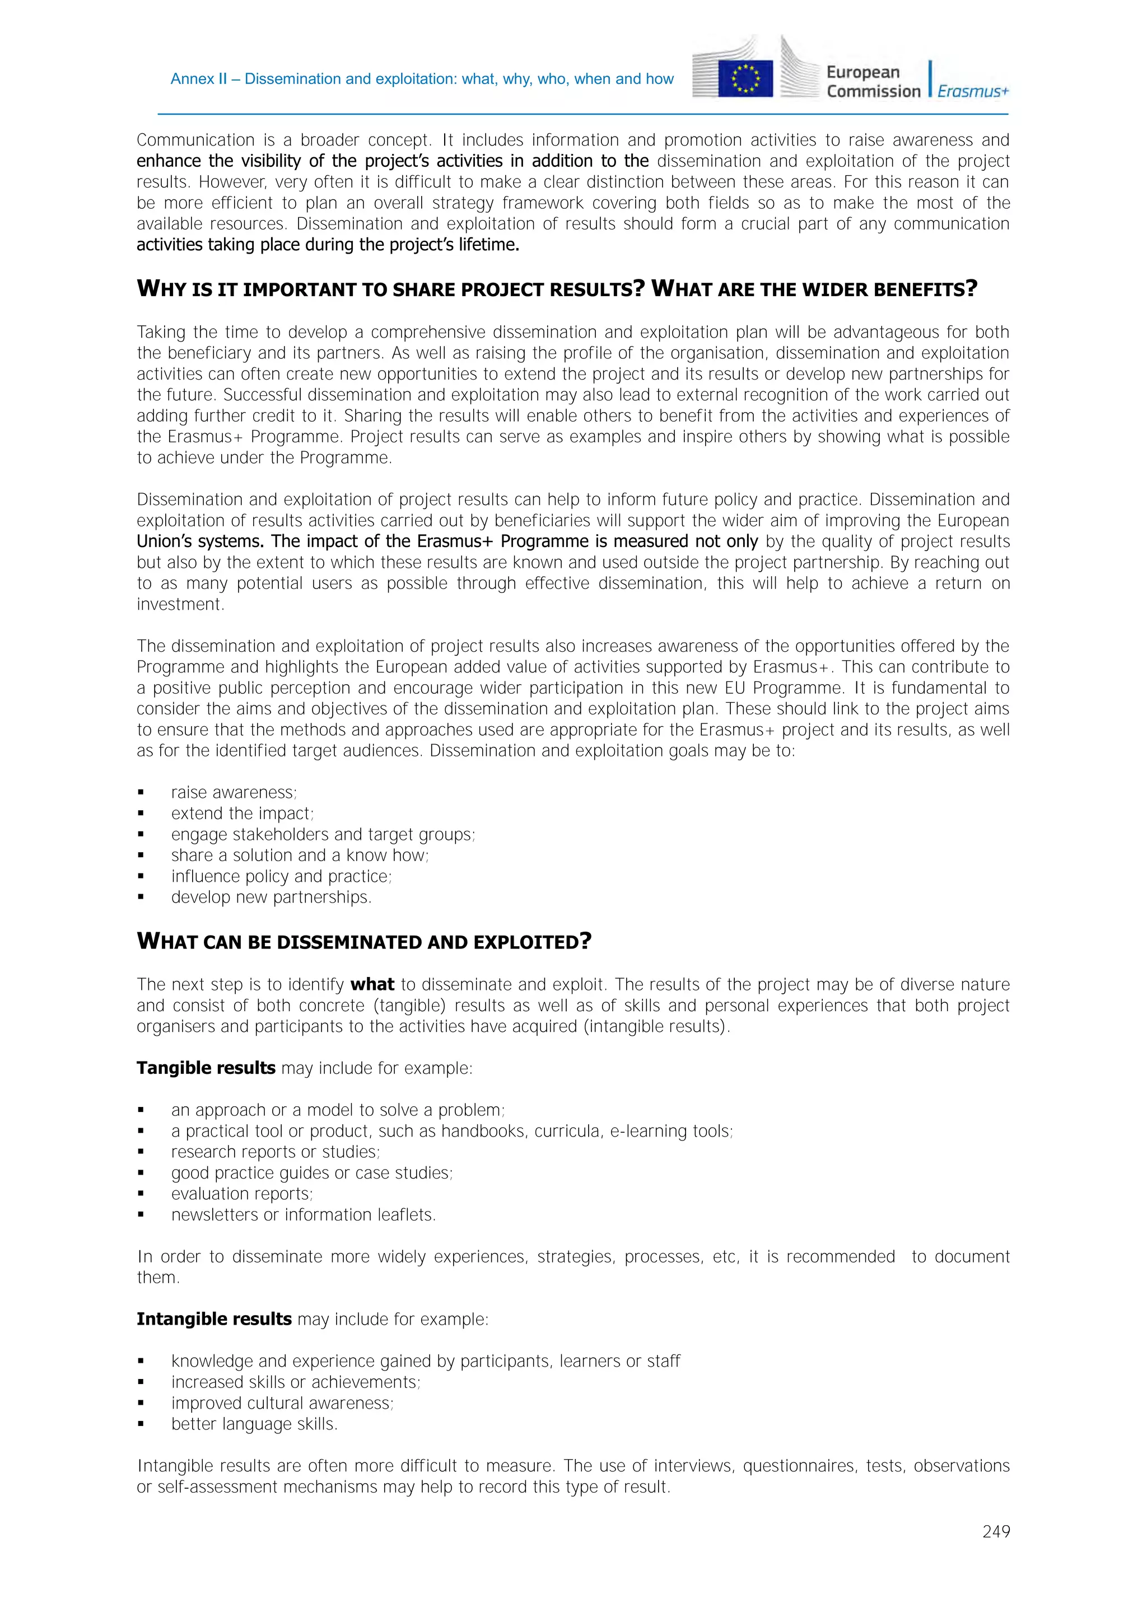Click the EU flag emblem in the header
coord(745,78)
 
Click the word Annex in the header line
coord(189,79)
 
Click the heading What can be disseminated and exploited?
coord(363,942)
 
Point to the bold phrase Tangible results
coord(206,1068)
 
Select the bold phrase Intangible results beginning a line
coord(213,1319)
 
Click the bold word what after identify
coord(372,985)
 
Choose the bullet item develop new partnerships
coord(271,897)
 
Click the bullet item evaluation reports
coord(242,1194)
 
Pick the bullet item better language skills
coord(254,1424)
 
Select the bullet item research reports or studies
coord(275,1152)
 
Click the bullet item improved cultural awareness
coord(282,1403)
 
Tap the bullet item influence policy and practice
coord(281,877)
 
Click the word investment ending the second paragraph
coord(180,605)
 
